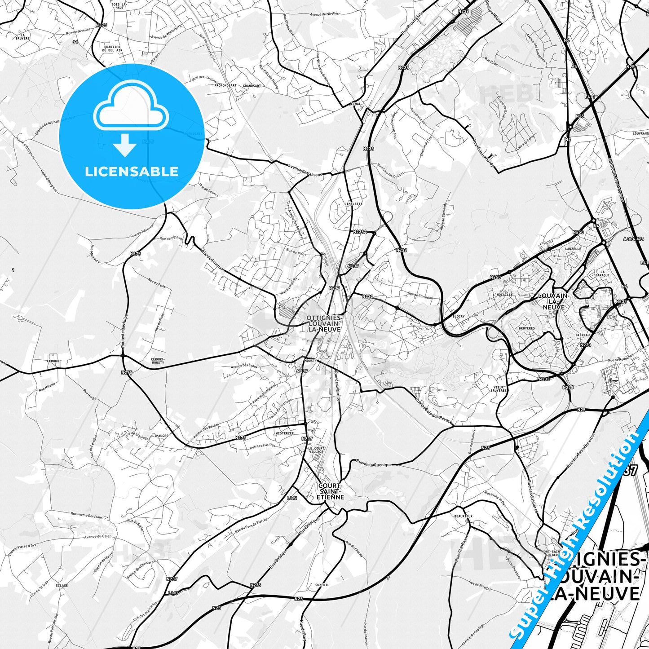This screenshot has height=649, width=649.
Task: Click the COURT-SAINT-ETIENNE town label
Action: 331,491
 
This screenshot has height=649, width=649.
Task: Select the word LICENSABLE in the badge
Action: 132,171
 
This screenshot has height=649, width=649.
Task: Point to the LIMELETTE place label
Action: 353,204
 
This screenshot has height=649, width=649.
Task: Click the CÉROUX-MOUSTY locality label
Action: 158,361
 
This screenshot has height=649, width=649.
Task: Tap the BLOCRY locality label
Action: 459,317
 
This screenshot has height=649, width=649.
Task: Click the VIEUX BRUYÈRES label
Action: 499,389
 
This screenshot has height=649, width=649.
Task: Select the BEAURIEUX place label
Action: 463,517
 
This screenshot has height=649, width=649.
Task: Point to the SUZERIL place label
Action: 322,585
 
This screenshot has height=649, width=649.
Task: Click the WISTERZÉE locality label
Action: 284,433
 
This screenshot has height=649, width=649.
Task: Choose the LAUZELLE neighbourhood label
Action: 573,248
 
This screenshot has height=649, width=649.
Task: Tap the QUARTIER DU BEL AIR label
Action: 111,49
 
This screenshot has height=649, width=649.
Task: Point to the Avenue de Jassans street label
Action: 305,171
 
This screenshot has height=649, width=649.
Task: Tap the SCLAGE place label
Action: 62,586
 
